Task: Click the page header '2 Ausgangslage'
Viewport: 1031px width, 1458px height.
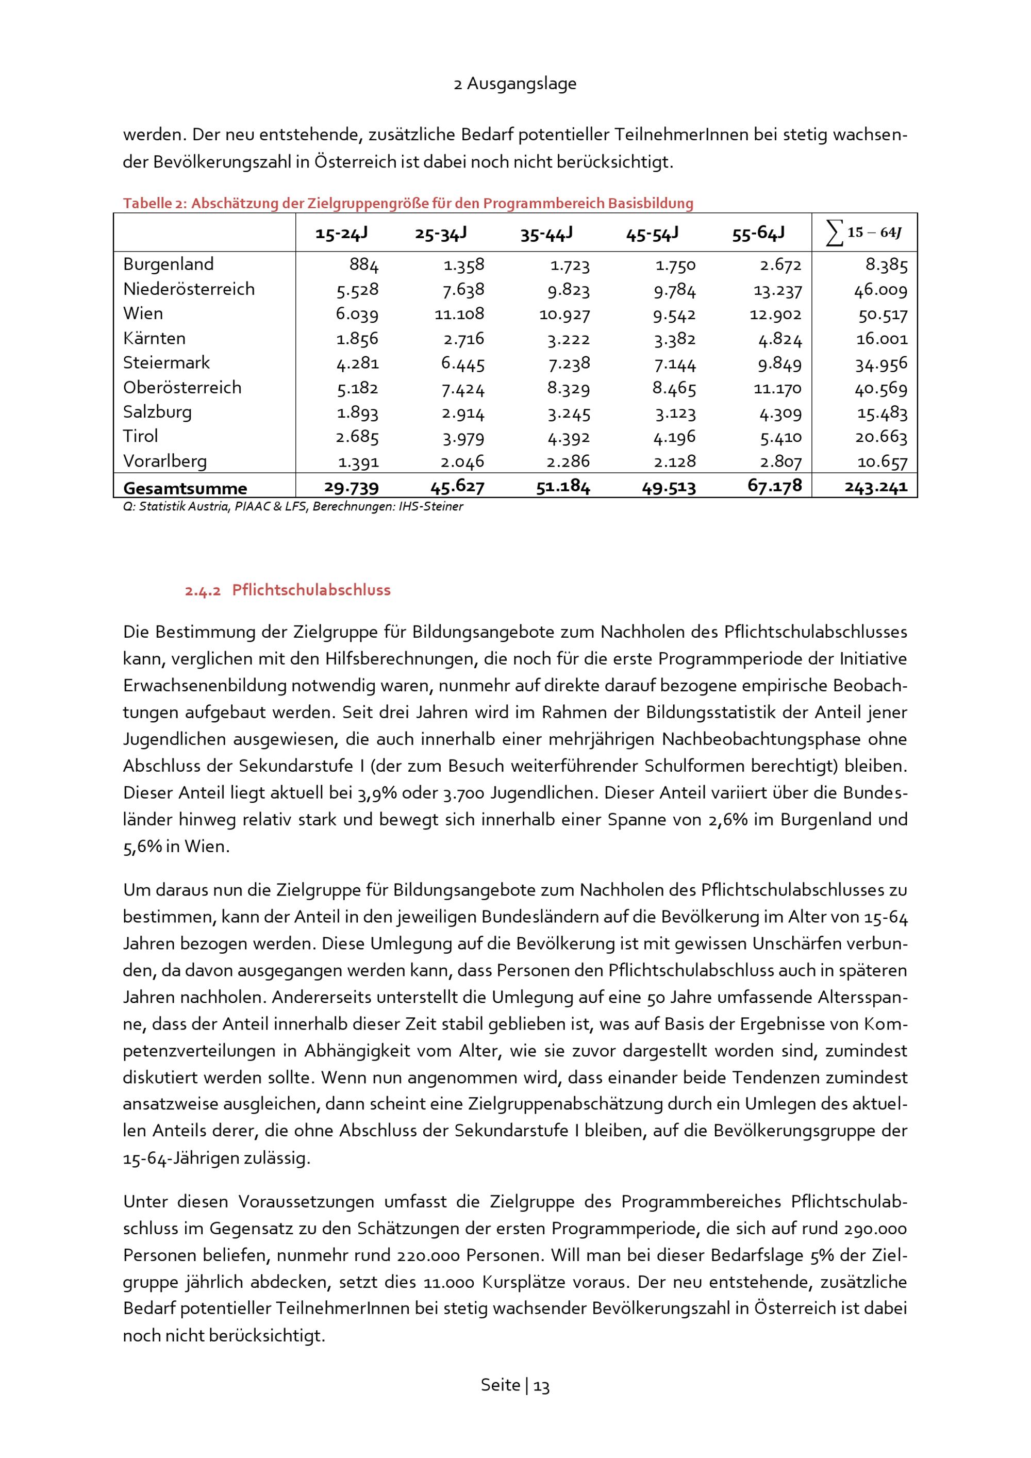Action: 515,84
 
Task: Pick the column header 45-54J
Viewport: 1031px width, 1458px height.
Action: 652,234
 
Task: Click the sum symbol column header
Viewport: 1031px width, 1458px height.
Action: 863,233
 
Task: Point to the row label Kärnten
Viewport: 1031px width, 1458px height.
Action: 154,338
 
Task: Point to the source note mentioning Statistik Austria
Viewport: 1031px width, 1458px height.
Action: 293,507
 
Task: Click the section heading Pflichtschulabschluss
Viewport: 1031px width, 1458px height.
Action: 311,590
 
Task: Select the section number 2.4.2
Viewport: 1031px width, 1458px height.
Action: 203,590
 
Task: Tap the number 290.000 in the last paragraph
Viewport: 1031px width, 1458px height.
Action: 875,1229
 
